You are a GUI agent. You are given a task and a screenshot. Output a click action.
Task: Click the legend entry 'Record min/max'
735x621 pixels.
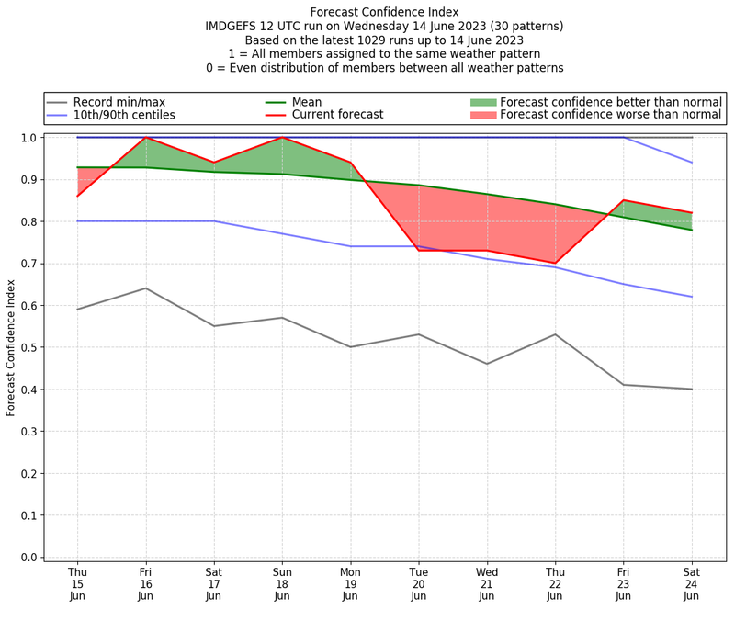tap(119, 102)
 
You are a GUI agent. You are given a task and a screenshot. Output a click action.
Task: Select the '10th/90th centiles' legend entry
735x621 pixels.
tap(124, 116)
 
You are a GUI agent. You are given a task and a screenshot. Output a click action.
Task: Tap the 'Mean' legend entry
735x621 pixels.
tap(308, 102)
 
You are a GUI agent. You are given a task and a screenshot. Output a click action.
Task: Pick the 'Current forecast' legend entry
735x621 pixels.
tap(337, 116)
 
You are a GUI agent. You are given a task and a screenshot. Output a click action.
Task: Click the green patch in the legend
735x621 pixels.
tap(482, 102)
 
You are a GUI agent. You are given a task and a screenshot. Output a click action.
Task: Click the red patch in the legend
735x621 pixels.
tap(482, 116)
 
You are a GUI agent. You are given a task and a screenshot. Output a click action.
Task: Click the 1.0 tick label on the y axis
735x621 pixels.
tap(30, 138)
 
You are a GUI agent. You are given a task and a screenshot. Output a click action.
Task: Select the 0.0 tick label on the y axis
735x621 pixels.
tap(30, 558)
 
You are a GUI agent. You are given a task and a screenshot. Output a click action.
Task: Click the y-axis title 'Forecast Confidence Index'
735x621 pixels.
tap(12, 347)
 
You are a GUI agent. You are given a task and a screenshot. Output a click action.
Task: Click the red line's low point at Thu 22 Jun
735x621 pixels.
tap(555, 263)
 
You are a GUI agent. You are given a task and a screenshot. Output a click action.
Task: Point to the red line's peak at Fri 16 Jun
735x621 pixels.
tap(145, 138)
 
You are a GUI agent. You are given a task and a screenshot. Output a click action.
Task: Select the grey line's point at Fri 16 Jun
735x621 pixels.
tap(145, 288)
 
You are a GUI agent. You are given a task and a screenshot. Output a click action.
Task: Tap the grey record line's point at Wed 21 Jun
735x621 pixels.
tap(487, 364)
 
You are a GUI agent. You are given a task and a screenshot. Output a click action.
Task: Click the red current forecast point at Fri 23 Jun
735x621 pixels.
tap(623, 200)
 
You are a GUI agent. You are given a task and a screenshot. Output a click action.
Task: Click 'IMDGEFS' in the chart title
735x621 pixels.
tap(234, 27)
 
